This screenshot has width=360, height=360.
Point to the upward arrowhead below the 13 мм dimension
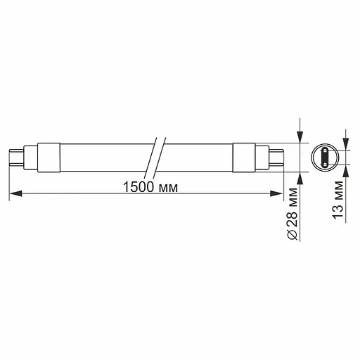(346, 169)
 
